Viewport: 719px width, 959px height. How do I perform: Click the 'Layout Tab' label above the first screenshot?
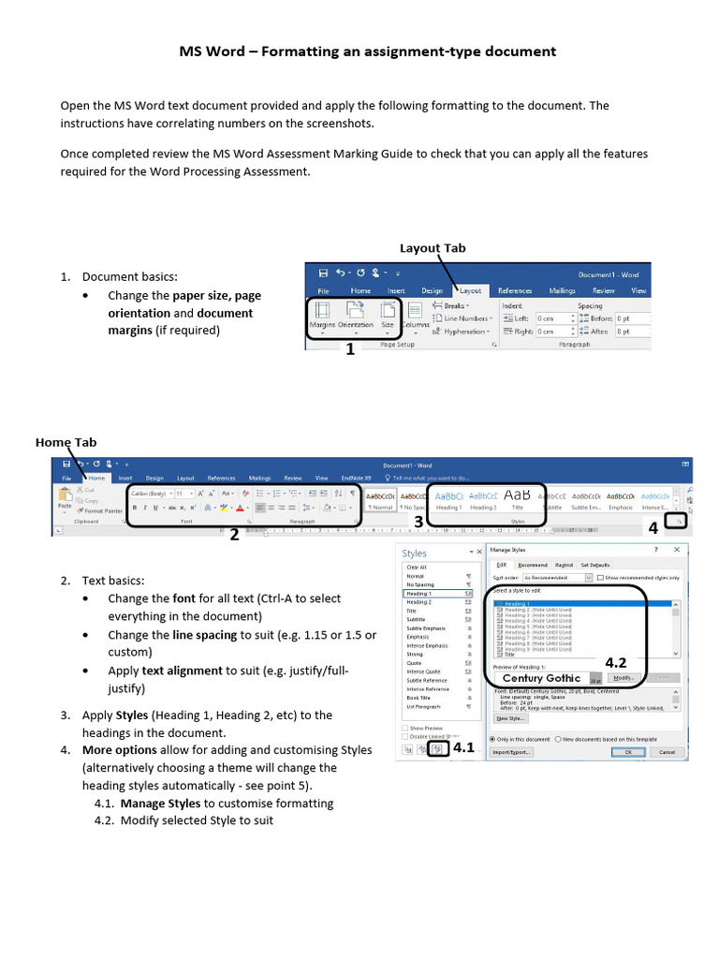(x=433, y=248)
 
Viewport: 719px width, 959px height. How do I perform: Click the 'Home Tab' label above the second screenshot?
(x=66, y=442)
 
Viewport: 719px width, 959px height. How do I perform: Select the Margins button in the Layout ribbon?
(x=322, y=317)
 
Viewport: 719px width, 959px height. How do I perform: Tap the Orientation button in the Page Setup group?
(x=355, y=317)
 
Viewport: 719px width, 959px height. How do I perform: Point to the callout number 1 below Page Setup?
(x=350, y=349)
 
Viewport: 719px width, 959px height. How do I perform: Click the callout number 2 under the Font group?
(x=234, y=535)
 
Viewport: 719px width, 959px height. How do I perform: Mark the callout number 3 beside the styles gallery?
(x=418, y=521)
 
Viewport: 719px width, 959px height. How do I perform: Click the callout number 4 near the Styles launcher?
(x=653, y=528)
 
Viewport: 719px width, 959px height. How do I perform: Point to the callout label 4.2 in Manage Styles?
(x=615, y=662)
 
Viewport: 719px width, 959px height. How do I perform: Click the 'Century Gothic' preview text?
(x=541, y=678)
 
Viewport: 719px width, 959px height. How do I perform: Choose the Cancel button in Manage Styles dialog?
(x=667, y=751)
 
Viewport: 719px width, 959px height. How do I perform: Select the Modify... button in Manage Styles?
(x=624, y=677)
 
